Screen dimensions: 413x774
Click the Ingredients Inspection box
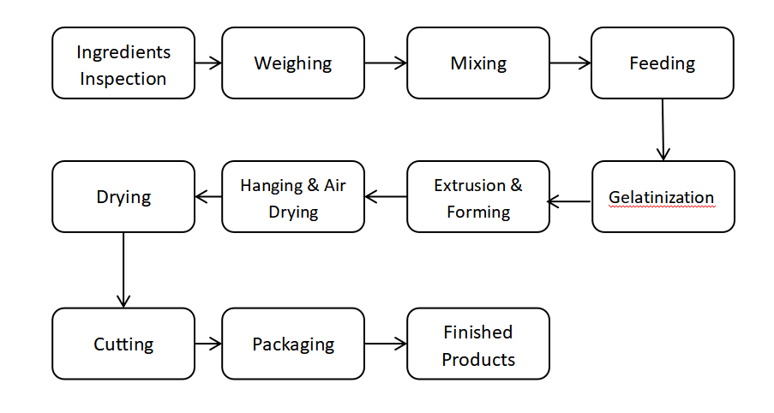tap(123, 63)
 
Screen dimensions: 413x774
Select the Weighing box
tap(292, 63)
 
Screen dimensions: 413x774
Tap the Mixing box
tap(477, 63)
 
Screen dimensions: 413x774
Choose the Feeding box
tap(662, 63)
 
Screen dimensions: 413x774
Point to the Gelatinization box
tap(662, 196)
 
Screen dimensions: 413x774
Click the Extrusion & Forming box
tap(477, 196)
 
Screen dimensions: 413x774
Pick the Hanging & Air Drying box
tap(292, 196)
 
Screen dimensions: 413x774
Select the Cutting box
tap(123, 344)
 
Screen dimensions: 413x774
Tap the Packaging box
tap(292, 344)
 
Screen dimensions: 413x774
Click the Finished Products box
tap(477, 344)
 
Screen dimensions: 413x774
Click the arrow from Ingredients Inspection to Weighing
tap(208, 63)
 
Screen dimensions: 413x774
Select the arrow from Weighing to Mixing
tap(385, 63)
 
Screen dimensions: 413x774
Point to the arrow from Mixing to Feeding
tap(570, 63)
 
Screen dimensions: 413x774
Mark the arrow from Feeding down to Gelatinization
tap(663, 129)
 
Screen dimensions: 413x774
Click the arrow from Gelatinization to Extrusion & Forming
tap(570, 202)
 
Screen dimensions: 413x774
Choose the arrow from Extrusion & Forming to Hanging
tap(385, 196)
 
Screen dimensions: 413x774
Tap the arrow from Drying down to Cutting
tap(123, 270)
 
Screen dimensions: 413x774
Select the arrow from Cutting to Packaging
tap(208, 344)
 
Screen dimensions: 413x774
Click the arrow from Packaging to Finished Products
tap(385, 344)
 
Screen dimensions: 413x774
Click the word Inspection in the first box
tap(123, 79)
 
